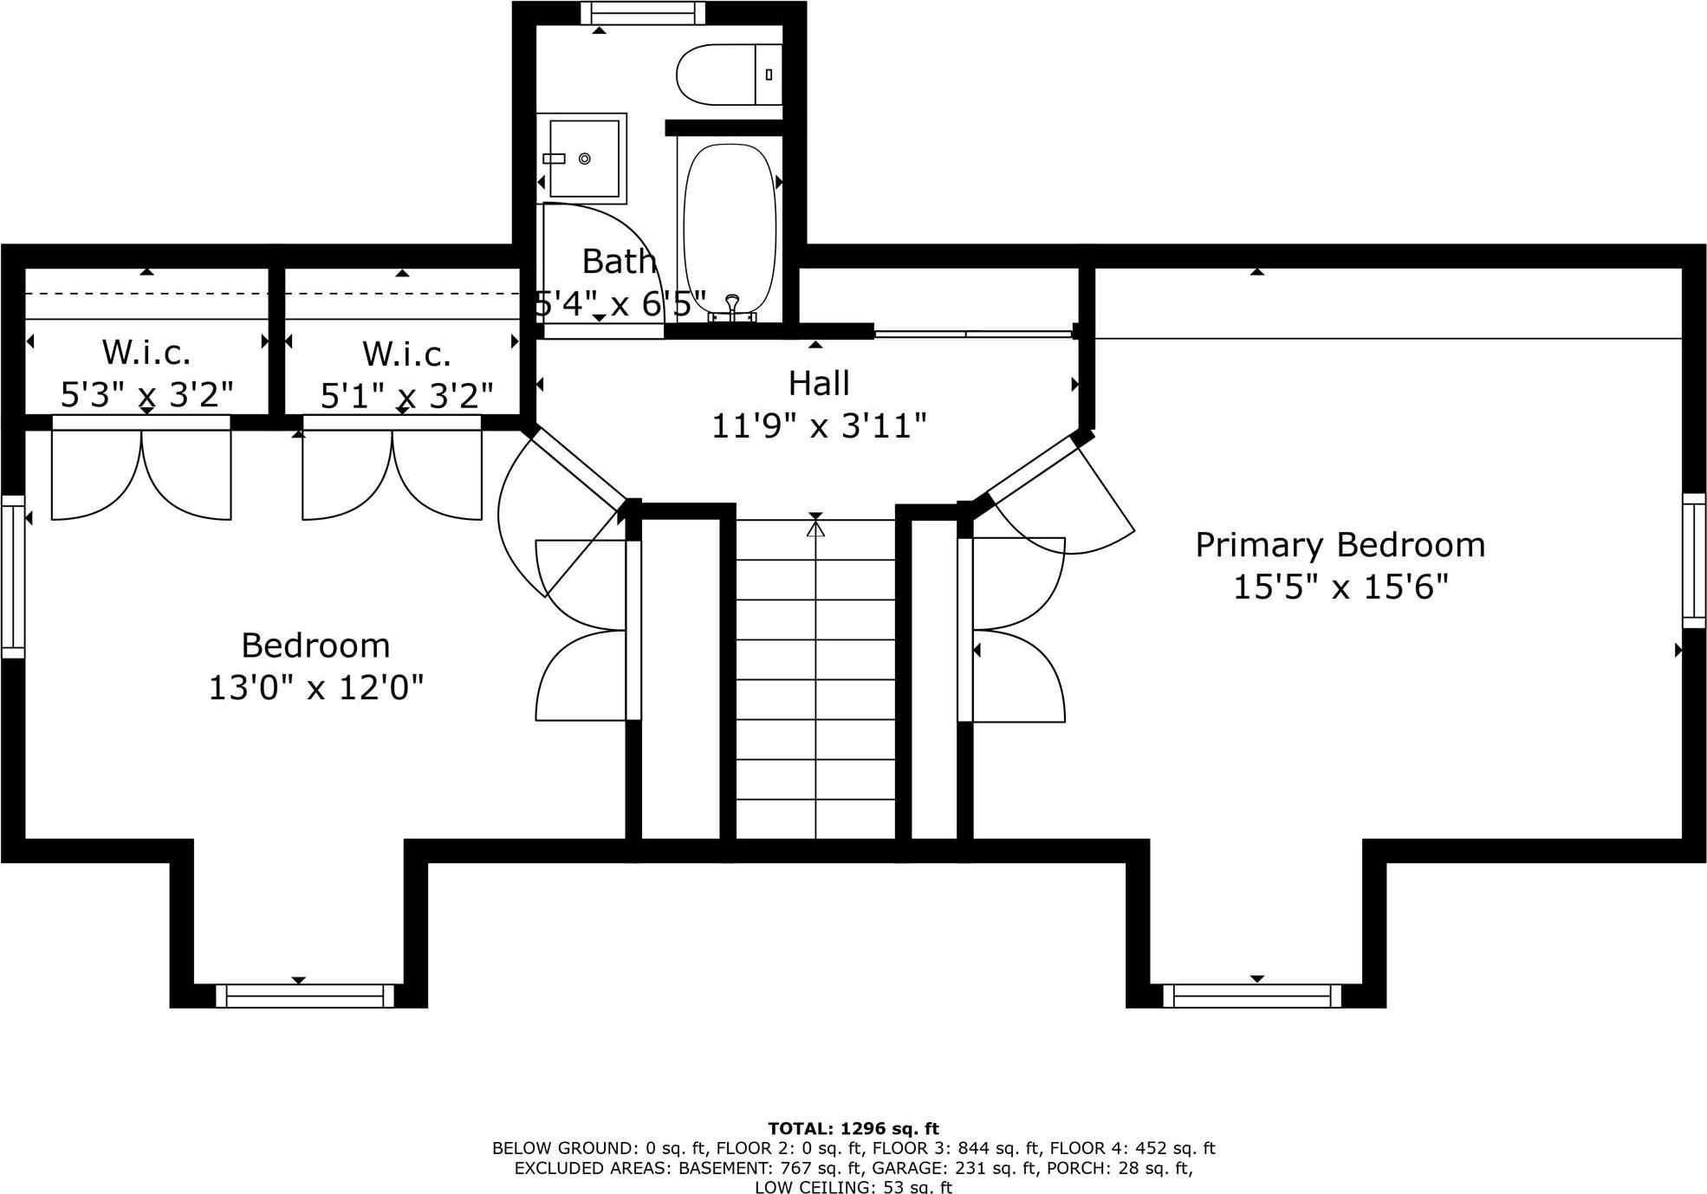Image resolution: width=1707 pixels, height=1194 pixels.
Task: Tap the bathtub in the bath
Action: click(x=730, y=225)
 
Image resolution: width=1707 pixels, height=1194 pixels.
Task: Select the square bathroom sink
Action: click(x=584, y=159)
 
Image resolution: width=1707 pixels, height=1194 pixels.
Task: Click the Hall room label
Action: click(x=819, y=383)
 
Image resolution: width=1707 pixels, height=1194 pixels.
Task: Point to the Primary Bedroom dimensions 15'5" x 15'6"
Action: click(x=1340, y=587)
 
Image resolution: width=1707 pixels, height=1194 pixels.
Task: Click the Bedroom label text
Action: click(x=315, y=646)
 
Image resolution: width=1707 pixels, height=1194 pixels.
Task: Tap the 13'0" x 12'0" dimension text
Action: click(x=315, y=688)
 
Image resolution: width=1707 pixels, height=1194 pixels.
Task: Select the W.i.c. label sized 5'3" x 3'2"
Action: click(x=146, y=353)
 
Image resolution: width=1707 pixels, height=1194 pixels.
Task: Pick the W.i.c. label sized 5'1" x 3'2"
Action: click(x=406, y=354)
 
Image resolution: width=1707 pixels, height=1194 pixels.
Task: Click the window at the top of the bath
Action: click(x=642, y=13)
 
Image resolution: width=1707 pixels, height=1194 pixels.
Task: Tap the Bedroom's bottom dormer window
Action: click(x=304, y=996)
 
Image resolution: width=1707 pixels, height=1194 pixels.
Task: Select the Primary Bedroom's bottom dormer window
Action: click(x=1251, y=996)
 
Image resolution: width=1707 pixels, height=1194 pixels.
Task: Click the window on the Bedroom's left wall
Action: click(x=12, y=576)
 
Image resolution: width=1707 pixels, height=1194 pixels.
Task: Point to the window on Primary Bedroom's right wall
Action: click(x=1694, y=560)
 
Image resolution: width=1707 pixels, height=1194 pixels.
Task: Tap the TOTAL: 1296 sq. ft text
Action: click(x=853, y=1128)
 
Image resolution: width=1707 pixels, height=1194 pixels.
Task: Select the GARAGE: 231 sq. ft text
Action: click(x=954, y=1168)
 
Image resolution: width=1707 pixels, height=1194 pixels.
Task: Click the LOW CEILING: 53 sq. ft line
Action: click(x=853, y=1187)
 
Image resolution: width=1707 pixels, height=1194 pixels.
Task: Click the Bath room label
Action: click(x=618, y=261)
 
